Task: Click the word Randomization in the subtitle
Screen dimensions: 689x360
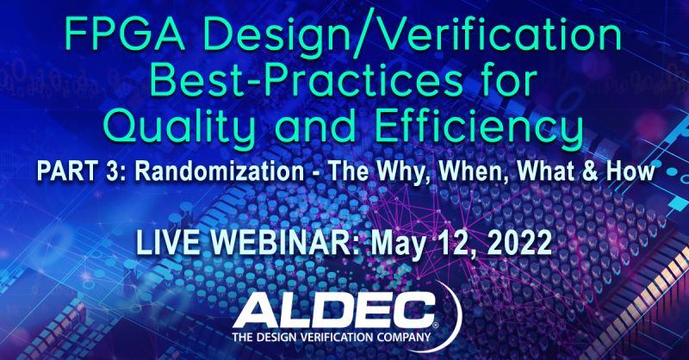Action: pyautogui.click(x=220, y=171)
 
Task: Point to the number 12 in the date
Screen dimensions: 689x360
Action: pyautogui.click(x=455, y=243)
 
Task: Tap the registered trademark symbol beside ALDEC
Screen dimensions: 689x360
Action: pyautogui.click(x=435, y=325)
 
